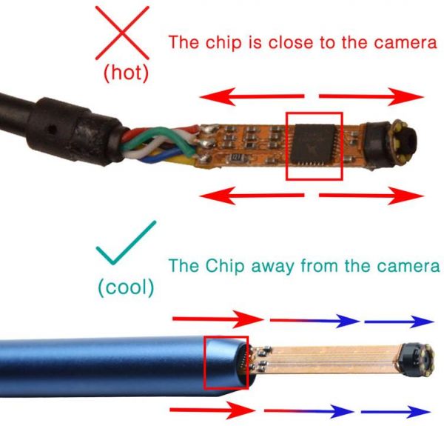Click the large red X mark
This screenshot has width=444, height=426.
[122, 33]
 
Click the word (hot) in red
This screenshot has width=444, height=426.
[126, 73]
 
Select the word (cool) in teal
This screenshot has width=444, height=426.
[126, 287]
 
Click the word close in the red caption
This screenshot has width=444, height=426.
[291, 42]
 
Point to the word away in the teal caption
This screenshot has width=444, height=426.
[272, 267]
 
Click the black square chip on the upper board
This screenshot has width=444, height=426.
[314, 144]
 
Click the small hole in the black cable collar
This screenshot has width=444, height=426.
[52, 130]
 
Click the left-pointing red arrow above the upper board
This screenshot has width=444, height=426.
[252, 96]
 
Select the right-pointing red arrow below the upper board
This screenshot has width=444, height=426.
[371, 196]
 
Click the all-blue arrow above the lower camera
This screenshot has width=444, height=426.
[400, 322]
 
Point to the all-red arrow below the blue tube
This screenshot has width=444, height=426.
[213, 410]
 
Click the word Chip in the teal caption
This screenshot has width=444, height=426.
[225, 267]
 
